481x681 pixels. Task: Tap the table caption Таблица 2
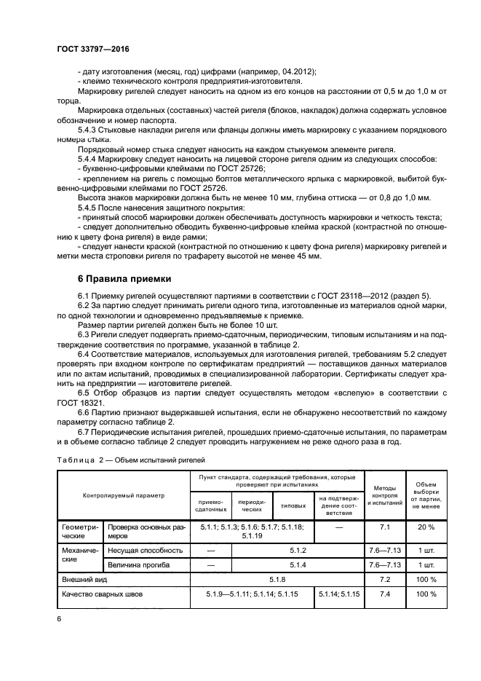pos(79,460)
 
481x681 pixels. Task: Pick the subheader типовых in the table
pos(293,505)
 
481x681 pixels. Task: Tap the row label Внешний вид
pos(82,580)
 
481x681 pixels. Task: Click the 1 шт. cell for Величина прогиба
pos(426,564)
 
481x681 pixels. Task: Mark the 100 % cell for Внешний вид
pos(426,580)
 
